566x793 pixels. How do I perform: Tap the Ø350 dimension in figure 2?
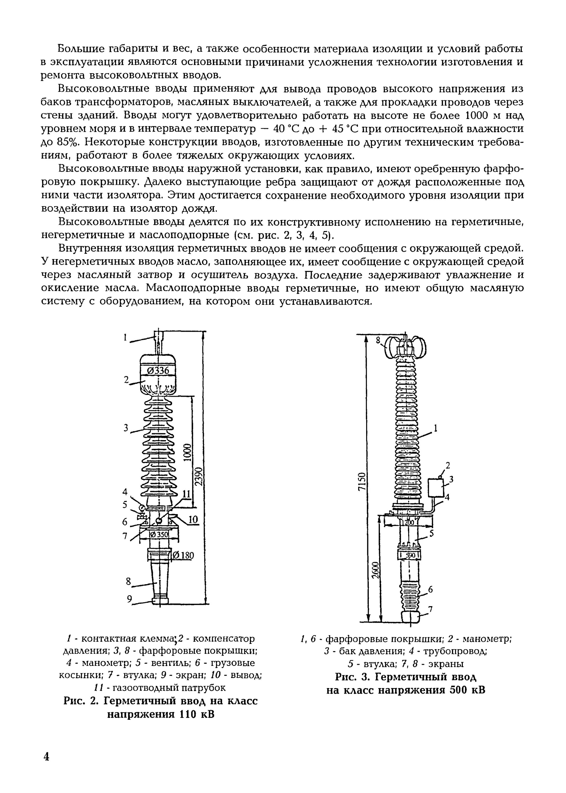coord(159,534)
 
